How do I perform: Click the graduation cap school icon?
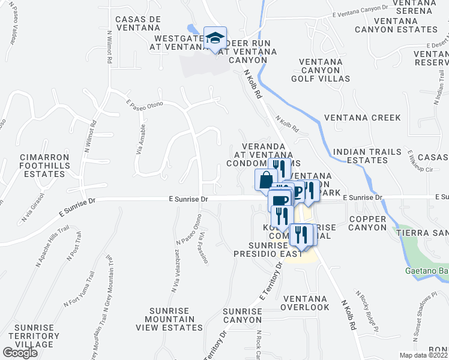pos(214,38)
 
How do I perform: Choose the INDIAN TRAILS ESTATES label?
pos(367,156)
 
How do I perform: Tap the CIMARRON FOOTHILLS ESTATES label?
pos(42,166)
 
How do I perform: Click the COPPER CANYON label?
pos(367,223)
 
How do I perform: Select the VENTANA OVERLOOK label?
pos(306,303)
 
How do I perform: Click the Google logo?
pos(20,353)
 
